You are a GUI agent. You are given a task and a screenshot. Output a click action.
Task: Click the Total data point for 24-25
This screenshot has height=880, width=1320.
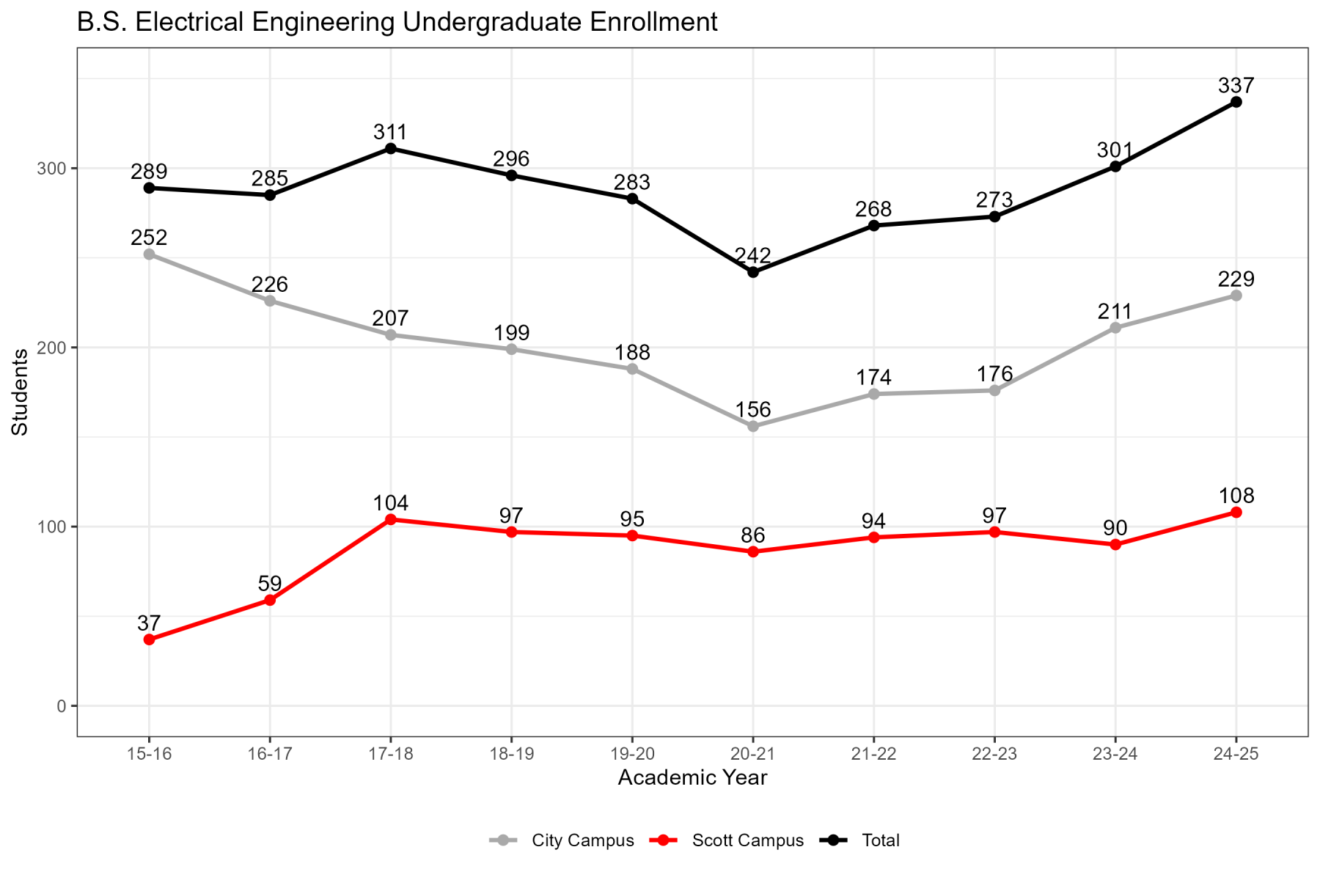[1236, 102]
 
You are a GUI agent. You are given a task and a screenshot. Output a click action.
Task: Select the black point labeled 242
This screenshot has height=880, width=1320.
[753, 272]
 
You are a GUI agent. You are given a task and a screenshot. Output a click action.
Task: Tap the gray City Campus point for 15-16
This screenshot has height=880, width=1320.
[149, 254]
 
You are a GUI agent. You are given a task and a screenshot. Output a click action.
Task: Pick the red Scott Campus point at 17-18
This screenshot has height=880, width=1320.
[391, 519]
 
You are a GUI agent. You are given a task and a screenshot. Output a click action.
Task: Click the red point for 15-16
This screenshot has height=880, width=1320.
[149, 639]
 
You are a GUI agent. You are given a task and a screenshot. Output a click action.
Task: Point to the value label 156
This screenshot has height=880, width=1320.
[753, 409]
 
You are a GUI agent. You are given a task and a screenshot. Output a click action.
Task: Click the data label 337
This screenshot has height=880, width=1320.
[1236, 85]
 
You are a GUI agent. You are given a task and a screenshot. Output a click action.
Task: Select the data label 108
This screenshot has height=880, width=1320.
[1236, 496]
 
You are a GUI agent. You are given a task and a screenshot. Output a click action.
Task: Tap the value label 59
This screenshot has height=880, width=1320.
[270, 584]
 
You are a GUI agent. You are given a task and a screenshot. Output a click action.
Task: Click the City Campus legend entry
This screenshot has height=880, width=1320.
[562, 840]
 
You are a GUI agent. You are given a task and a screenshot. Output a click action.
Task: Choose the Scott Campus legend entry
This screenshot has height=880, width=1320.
[727, 840]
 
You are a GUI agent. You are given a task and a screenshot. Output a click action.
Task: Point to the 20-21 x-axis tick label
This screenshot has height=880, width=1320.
[753, 755]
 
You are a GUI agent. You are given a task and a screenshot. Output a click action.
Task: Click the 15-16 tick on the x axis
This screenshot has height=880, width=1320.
[149, 755]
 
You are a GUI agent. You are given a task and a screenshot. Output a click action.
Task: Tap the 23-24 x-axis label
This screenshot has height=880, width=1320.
[1115, 755]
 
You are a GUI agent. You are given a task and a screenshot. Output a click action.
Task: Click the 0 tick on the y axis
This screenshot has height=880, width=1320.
[62, 706]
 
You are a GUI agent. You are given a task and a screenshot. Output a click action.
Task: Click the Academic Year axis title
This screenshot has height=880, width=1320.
[692, 777]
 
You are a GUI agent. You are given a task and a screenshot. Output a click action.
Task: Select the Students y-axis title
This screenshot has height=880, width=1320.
[20, 392]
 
